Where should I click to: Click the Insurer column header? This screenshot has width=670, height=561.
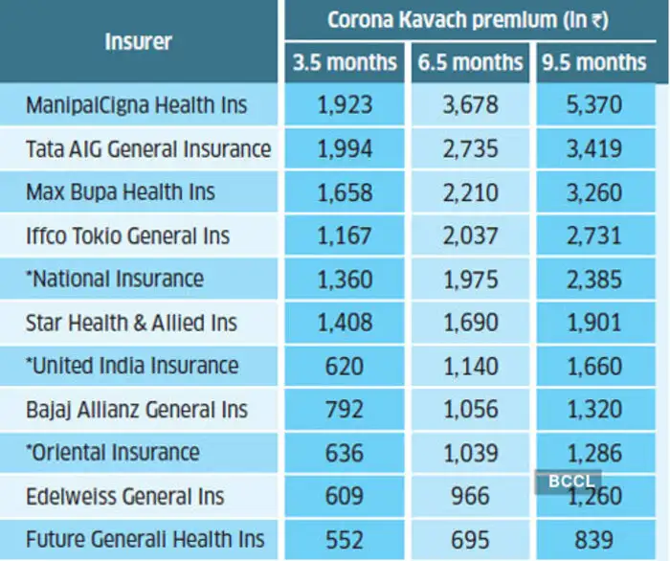(139, 41)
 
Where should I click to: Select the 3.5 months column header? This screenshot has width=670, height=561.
(344, 63)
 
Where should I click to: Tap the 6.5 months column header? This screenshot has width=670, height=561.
(470, 63)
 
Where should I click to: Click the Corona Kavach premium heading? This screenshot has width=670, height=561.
(468, 19)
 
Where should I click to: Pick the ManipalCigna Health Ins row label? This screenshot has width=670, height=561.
(137, 104)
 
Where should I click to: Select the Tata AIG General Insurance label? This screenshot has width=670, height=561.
(148, 148)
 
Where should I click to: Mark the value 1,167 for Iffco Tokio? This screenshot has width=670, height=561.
(344, 236)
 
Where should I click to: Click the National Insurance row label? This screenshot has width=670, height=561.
(115, 279)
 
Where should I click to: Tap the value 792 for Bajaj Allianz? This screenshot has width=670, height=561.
(344, 410)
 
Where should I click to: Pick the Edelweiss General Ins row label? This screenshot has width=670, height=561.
(125, 496)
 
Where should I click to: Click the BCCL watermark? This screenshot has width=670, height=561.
(568, 481)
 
